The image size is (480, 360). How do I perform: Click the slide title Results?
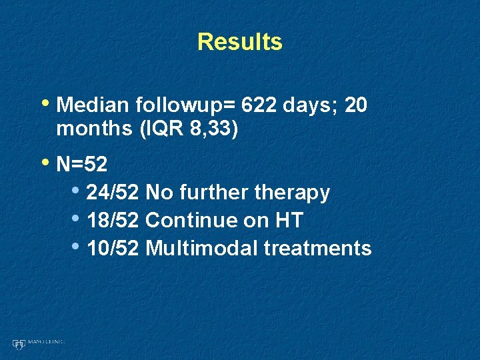(x=240, y=41)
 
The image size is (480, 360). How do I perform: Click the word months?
(x=95, y=128)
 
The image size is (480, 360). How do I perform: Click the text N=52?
(x=83, y=164)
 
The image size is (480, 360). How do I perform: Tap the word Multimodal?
(x=202, y=248)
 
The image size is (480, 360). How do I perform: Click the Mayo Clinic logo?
(x=37, y=343)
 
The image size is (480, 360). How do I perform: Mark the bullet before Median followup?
(x=46, y=104)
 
